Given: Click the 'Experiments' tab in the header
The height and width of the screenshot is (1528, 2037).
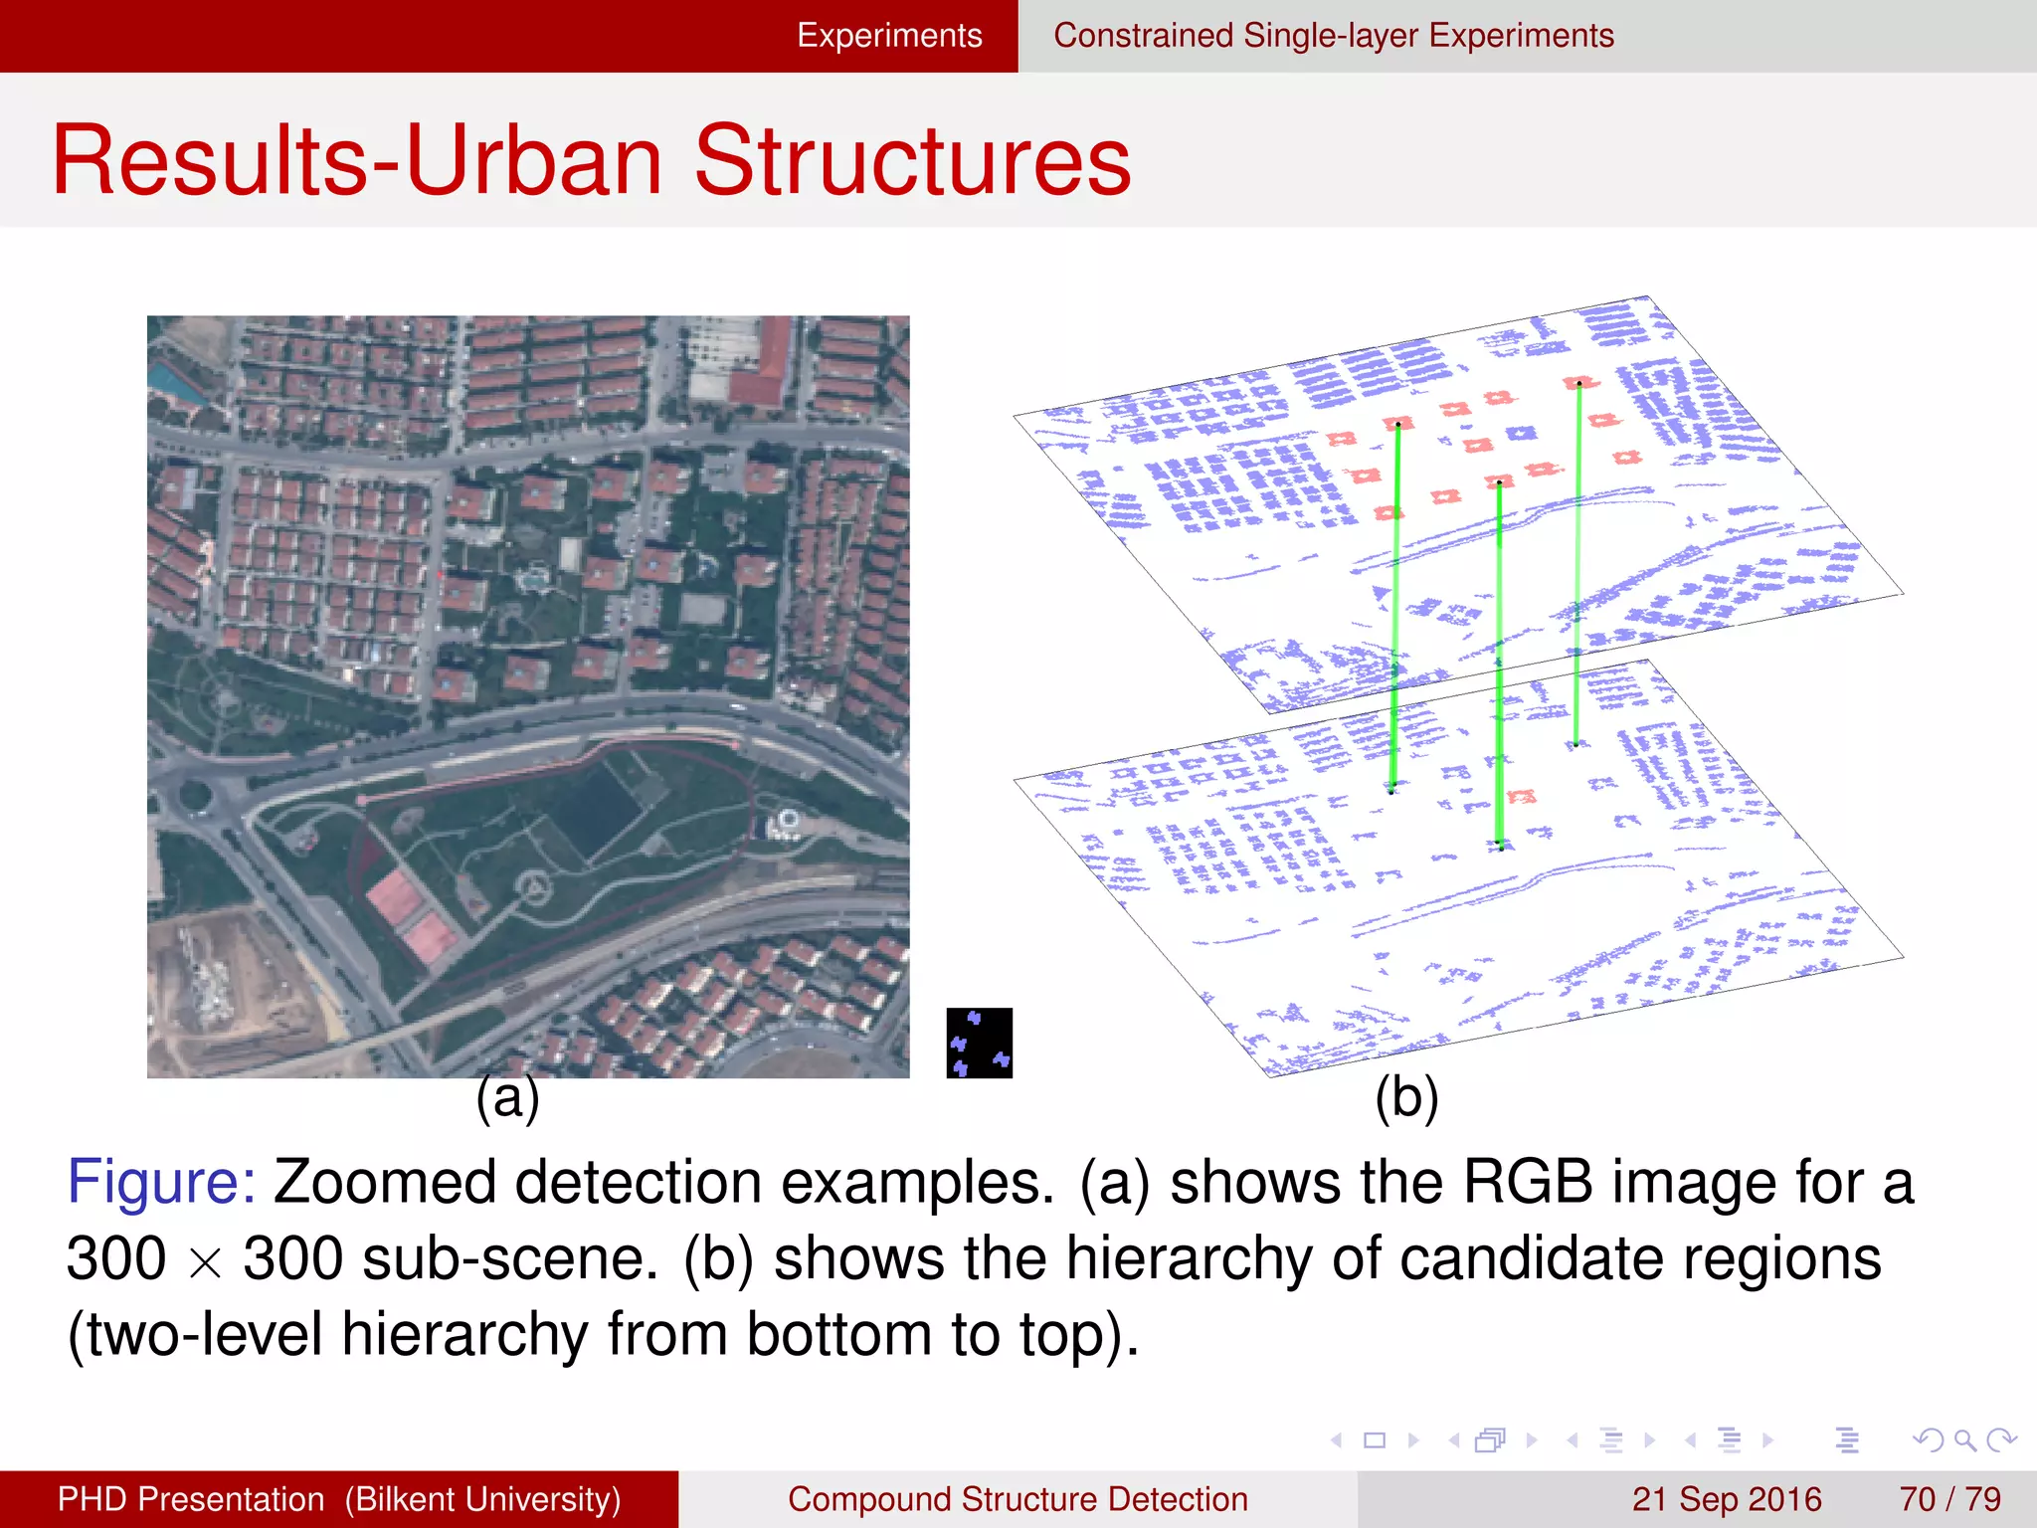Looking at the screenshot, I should pos(889,36).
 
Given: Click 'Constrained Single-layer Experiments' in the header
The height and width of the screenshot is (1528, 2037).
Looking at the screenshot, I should pos(1333,36).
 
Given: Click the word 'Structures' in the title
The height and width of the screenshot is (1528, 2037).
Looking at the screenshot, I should pos(912,161).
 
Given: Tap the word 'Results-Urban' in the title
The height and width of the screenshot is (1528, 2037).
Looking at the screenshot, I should pos(356,161).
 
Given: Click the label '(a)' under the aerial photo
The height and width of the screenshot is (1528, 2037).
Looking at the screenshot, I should pos(507,1098).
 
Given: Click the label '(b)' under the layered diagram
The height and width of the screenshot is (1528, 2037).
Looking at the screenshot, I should pos(1406,1098).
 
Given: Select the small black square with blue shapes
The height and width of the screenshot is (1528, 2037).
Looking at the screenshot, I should pos(979,1043).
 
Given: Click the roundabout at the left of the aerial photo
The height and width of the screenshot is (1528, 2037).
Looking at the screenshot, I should pos(195,795).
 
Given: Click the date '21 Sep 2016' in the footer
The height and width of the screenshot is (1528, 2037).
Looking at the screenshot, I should pos(1726,1499).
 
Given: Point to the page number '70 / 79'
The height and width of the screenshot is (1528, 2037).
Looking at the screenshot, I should pos(1949,1499).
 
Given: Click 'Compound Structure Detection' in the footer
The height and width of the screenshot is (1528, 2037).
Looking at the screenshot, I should pos(1018,1499).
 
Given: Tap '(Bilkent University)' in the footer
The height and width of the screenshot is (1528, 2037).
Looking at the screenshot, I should pos(482,1499).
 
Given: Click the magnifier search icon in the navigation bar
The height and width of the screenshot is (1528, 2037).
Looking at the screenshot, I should pos(1964,1439).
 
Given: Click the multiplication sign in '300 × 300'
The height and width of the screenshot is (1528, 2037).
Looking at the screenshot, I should pos(205,1263).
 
